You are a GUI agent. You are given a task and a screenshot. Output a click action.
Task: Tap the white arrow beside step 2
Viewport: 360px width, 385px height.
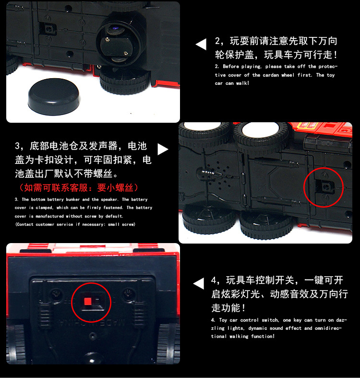click(x=201, y=45)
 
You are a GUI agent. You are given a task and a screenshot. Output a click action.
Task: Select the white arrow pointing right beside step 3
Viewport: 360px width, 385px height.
click(x=163, y=149)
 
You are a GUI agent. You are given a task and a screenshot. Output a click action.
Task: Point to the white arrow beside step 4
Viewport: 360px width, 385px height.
click(x=199, y=284)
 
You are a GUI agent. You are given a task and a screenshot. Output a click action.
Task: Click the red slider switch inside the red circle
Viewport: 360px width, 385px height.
click(x=88, y=302)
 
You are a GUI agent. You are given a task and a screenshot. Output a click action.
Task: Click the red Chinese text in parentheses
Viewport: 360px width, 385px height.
click(x=78, y=187)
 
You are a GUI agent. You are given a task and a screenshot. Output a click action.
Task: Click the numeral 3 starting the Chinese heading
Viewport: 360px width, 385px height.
click(x=18, y=146)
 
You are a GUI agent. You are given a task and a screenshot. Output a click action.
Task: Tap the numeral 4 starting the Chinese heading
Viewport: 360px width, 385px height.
click(x=214, y=280)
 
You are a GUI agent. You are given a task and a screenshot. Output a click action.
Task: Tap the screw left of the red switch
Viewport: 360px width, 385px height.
click(x=55, y=293)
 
